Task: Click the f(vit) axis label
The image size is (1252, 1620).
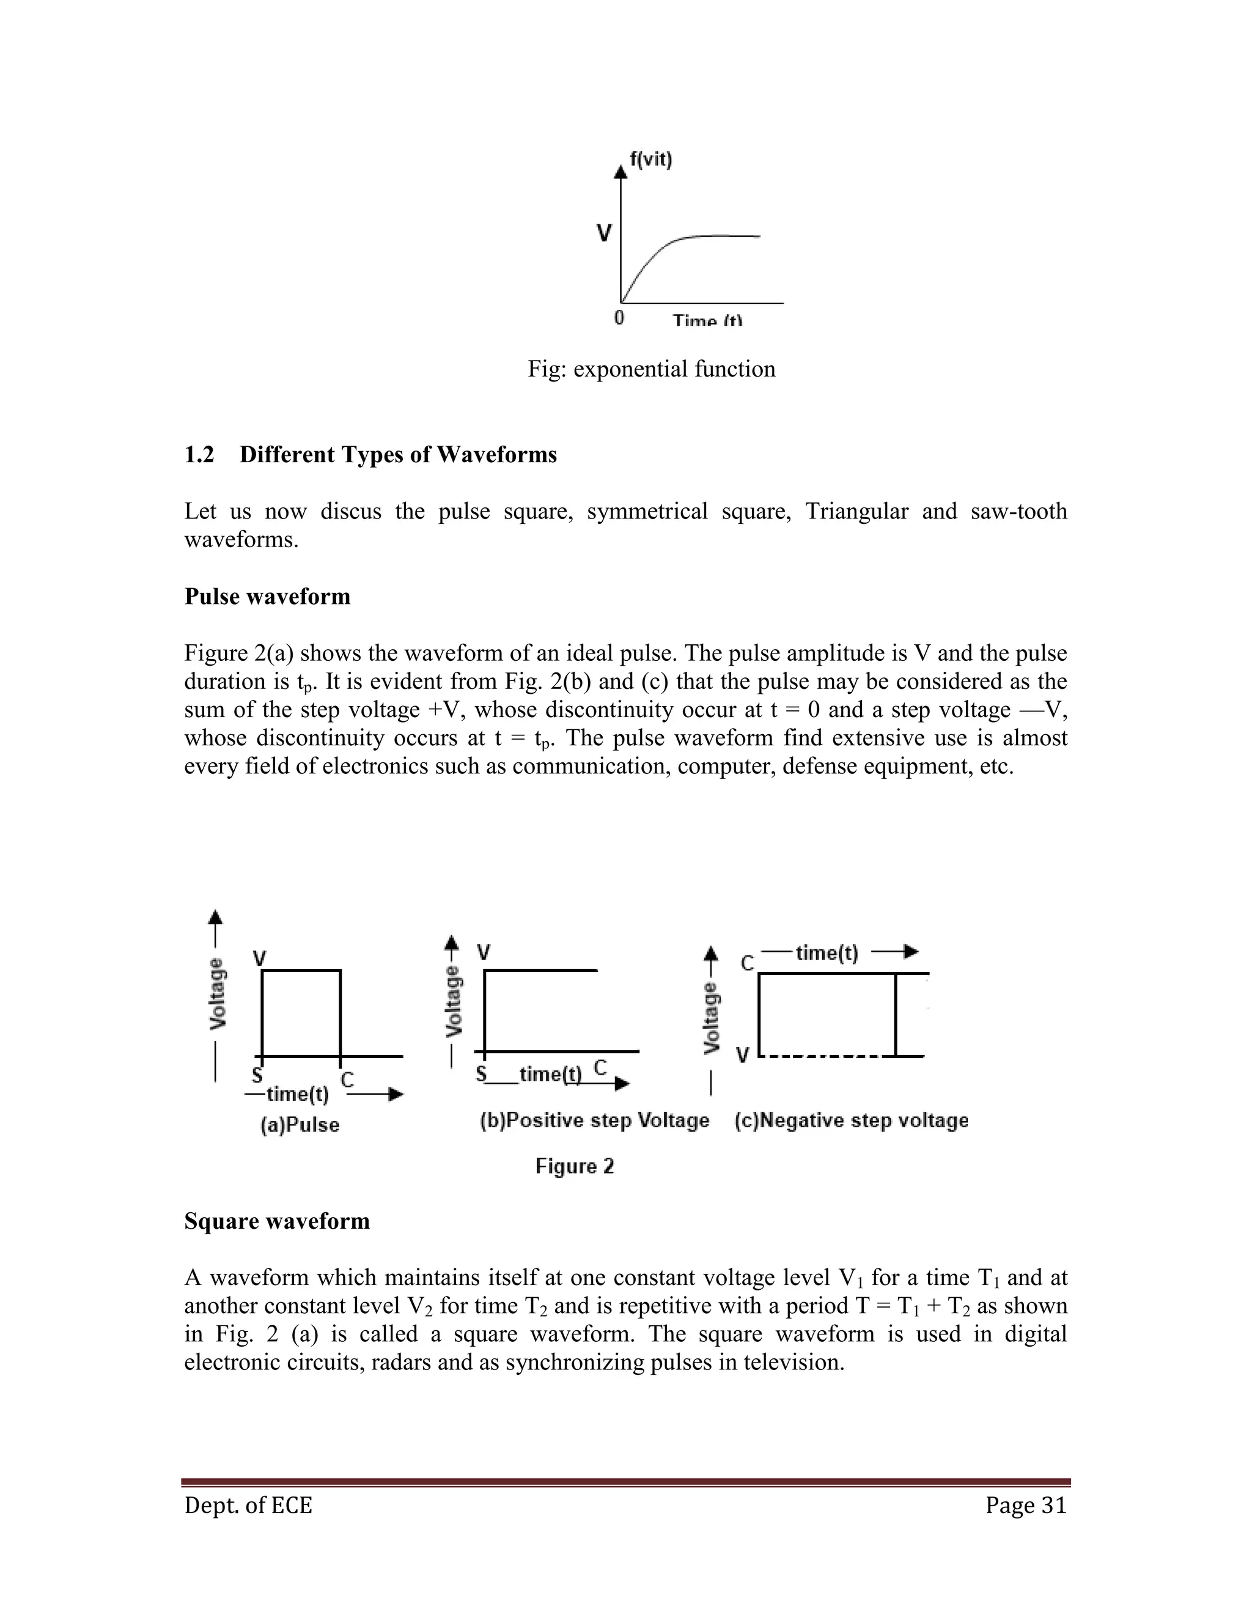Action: (x=650, y=160)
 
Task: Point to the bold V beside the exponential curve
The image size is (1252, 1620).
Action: (x=605, y=234)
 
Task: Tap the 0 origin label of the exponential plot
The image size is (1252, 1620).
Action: (x=619, y=317)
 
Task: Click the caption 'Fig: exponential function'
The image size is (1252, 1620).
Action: (x=651, y=369)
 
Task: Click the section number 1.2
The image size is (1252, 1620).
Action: (x=199, y=454)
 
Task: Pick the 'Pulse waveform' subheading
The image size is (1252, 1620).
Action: (x=267, y=597)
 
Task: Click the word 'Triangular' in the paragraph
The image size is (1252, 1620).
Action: (x=856, y=511)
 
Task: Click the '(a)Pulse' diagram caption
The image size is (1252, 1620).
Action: (x=300, y=1125)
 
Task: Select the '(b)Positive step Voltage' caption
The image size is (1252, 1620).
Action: (x=594, y=1120)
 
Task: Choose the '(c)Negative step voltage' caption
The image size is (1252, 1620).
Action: (x=851, y=1120)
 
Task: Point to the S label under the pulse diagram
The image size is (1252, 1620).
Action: (x=257, y=1075)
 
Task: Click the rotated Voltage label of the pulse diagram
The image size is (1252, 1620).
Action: (x=217, y=994)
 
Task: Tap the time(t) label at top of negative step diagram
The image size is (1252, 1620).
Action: (x=827, y=952)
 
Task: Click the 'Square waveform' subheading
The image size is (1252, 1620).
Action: (x=277, y=1221)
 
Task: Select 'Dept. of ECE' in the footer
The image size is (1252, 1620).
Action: (x=248, y=1505)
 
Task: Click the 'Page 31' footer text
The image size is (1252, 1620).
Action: (x=1026, y=1505)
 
